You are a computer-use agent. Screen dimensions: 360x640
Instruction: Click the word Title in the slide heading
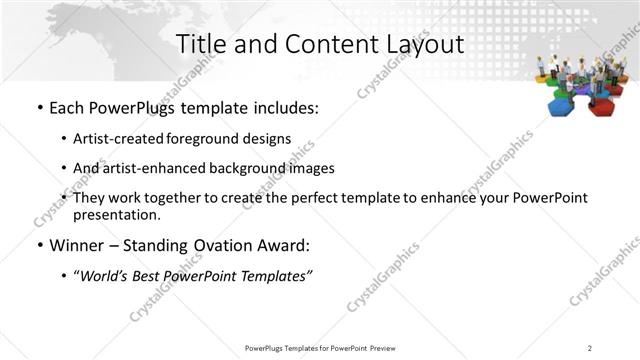coord(199,44)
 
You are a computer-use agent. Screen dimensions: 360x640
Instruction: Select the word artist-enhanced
coord(152,168)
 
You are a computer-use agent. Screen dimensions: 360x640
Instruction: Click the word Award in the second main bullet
coord(287,245)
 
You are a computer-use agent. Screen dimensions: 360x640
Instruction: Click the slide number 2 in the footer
coord(590,347)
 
